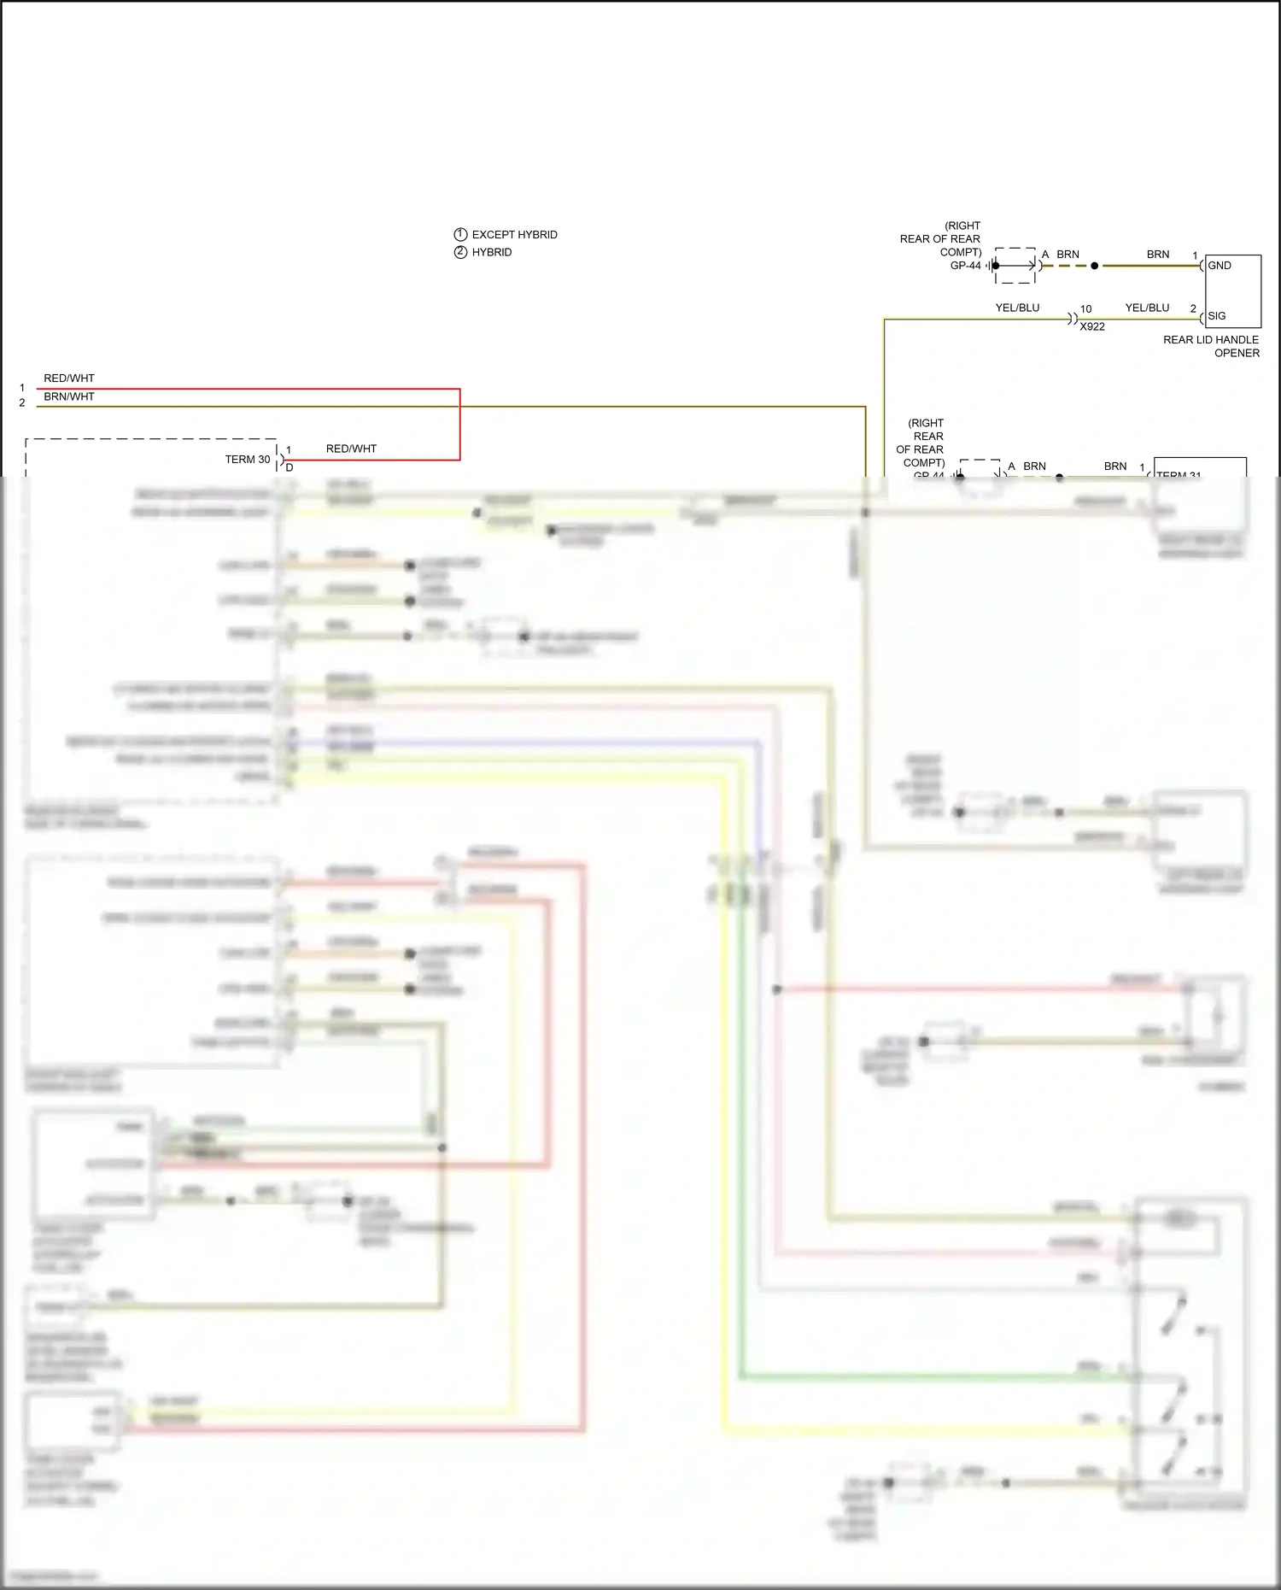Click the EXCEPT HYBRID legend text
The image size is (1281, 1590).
click(x=514, y=234)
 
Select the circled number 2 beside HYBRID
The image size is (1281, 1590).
click(x=460, y=252)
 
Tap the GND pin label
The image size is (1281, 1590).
click(x=1219, y=266)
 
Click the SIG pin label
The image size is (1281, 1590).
click(x=1216, y=316)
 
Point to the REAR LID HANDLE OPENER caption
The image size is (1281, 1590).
click(x=1211, y=346)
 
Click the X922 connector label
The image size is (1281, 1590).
click(x=1091, y=327)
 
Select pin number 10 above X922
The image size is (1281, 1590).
click(x=1085, y=309)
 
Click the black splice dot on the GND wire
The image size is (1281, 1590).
click(x=1094, y=266)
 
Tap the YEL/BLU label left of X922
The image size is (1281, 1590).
click(x=1017, y=308)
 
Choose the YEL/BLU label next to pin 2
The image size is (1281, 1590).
click(x=1147, y=308)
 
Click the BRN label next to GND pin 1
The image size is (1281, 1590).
click(x=1158, y=255)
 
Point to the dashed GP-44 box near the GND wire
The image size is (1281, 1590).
click(x=1015, y=266)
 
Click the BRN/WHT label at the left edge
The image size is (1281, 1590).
click(x=69, y=396)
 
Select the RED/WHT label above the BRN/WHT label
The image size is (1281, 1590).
click(x=69, y=378)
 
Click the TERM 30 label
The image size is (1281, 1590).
click(x=248, y=460)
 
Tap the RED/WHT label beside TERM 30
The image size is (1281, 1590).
click(x=351, y=449)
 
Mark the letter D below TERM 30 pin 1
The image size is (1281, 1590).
click(x=290, y=468)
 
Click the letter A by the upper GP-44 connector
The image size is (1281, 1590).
click(x=1044, y=255)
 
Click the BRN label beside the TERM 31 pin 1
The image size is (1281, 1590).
click(x=1115, y=466)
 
